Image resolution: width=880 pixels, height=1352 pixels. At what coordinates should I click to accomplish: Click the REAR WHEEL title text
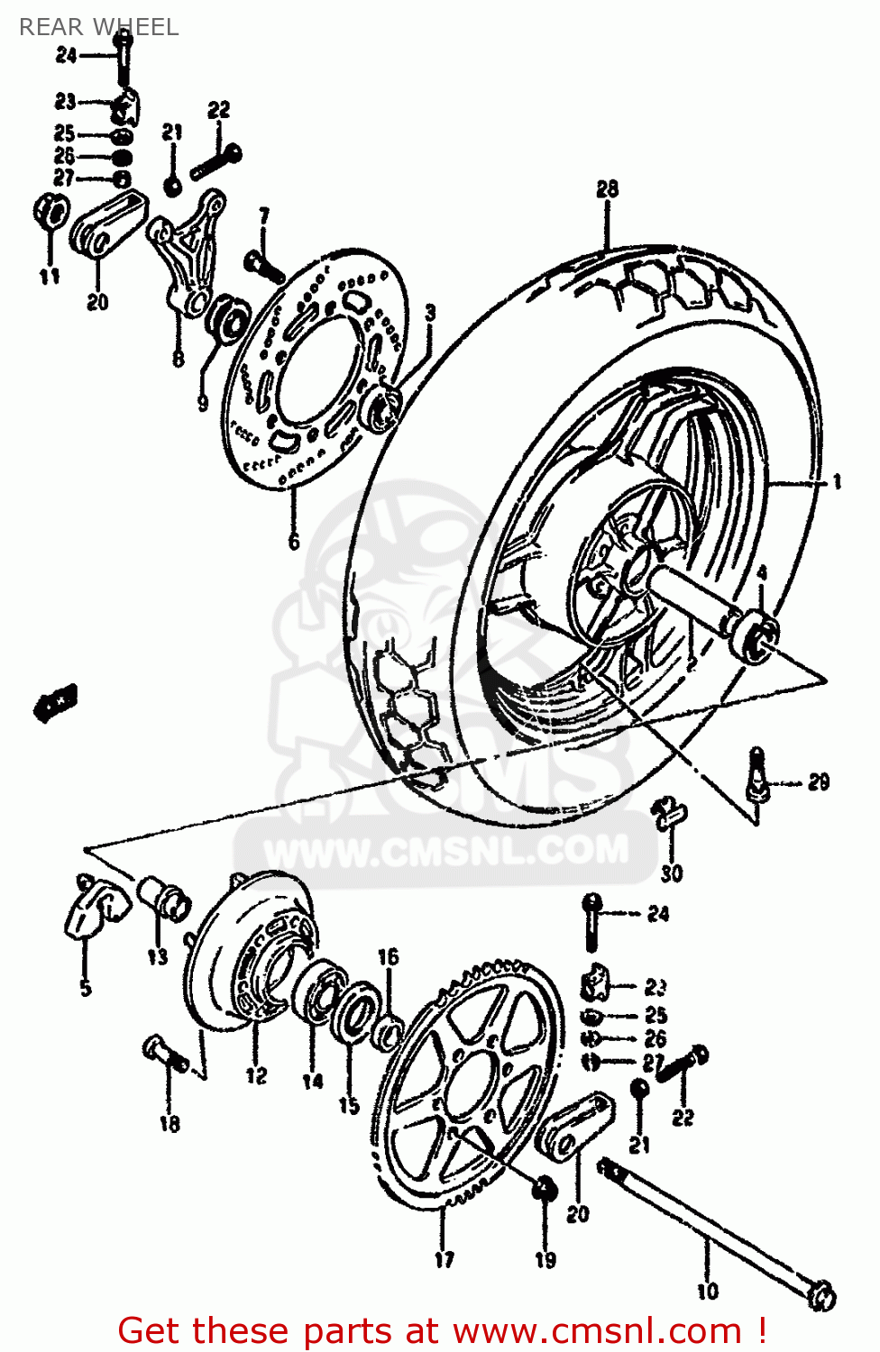coord(98,27)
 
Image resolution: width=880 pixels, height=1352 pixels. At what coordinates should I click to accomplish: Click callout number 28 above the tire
coord(607,189)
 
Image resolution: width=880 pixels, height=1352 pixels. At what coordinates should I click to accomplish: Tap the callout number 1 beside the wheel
coord(837,482)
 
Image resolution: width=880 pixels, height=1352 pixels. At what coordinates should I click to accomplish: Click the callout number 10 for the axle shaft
coord(708,1291)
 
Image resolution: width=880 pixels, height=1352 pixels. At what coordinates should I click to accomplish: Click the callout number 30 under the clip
coord(672,872)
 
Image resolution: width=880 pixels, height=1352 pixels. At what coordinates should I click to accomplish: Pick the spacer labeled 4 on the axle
coord(756,635)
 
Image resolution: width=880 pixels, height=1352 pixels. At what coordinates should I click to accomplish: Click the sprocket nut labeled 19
coord(545,1189)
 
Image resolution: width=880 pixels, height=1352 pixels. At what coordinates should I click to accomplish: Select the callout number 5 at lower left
coord(86,988)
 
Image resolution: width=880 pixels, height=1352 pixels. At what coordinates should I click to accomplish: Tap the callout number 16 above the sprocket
coord(388,956)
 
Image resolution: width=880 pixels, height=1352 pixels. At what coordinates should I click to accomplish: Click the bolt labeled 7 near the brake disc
coord(262,264)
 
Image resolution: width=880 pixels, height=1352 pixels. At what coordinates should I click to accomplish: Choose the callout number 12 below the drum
coord(256,1075)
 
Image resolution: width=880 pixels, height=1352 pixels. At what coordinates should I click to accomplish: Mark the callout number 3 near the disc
coord(430,313)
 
